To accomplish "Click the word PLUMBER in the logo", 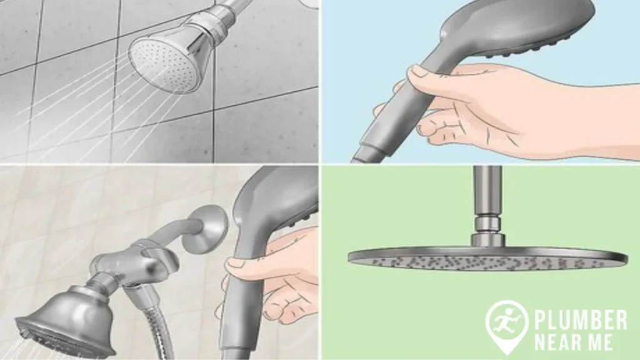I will click(580, 320).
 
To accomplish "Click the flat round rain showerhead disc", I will click(487, 258).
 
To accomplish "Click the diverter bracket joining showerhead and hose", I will click(128, 262).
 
